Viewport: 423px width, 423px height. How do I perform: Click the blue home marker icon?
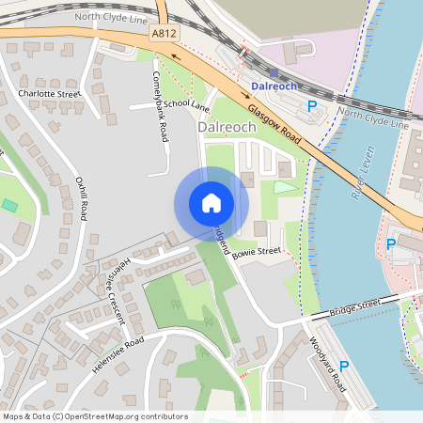(211, 202)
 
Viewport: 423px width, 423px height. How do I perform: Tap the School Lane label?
(185, 104)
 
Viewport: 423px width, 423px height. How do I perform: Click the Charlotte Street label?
(50, 94)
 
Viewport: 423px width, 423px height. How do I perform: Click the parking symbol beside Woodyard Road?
(345, 366)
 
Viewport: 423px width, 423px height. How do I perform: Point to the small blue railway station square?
(274, 71)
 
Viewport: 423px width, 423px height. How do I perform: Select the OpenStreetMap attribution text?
(95, 416)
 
